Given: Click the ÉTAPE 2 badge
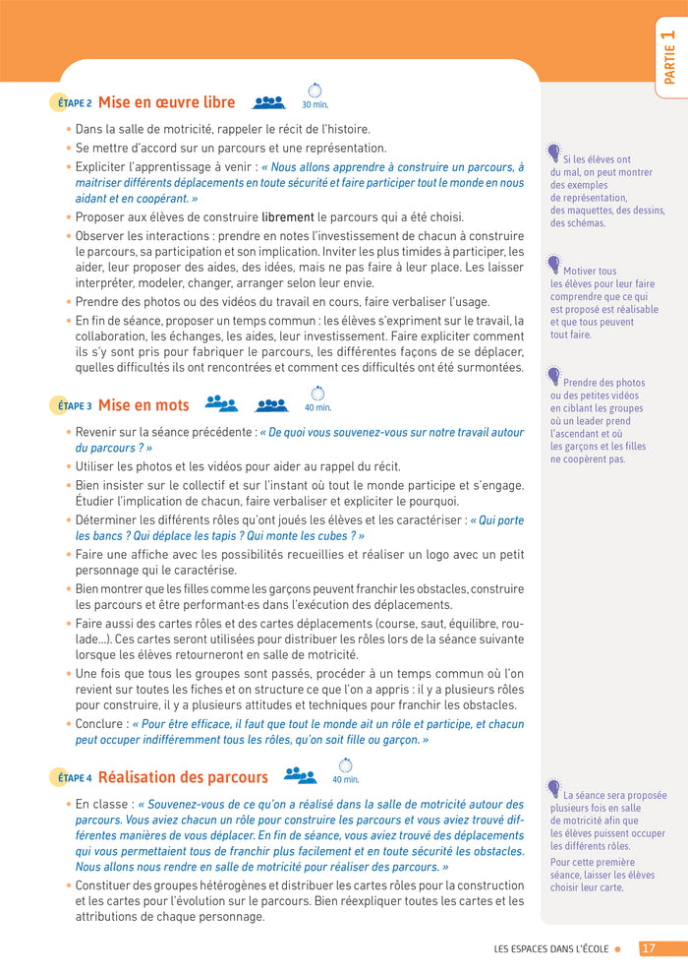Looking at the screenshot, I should (x=72, y=102).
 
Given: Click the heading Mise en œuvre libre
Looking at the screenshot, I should (x=166, y=102).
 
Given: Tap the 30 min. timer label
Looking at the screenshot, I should (x=315, y=104).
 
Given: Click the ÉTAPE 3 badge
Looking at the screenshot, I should (x=72, y=405).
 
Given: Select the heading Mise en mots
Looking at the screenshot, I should (x=143, y=405).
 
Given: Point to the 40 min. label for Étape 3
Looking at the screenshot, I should (x=317, y=407).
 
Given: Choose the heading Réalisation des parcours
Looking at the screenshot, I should (x=183, y=777).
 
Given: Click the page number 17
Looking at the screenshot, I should (x=649, y=949).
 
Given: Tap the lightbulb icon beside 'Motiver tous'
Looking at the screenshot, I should (x=553, y=265).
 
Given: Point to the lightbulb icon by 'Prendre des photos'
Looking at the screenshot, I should (x=553, y=376).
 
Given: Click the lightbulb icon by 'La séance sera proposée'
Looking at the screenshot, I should (x=553, y=788).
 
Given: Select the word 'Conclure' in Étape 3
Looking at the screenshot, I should (x=100, y=723).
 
